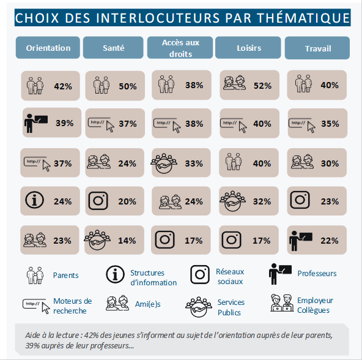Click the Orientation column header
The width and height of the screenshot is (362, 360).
(48, 48)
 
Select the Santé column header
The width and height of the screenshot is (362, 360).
(113, 48)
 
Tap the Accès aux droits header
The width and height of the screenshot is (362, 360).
(180, 48)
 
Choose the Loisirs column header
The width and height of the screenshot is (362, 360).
(248, 48)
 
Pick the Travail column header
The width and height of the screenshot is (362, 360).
(317, 48)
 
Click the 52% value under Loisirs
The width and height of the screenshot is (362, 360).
(262, 86)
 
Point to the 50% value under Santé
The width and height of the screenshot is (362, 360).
(128, 86)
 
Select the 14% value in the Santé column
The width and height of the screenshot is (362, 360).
(127, 241)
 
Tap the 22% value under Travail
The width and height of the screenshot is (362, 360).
(330, 241)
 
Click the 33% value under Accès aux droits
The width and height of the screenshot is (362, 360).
(194, 163)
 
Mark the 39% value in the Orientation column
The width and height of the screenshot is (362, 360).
(65, 123)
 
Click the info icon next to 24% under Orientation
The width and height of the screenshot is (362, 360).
(34, 200)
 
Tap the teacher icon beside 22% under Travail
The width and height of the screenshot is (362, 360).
(301, 241)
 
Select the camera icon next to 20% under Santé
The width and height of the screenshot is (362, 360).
(98, 201)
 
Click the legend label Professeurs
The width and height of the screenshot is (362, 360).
(317, 274)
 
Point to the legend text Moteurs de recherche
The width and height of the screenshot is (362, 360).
(73, 306)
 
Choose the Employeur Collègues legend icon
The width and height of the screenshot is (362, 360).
(282, 303)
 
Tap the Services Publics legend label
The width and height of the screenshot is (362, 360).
(231, 307)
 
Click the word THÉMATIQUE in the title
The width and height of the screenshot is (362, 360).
(303, 18)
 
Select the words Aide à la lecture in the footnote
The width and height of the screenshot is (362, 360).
(52, 336)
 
